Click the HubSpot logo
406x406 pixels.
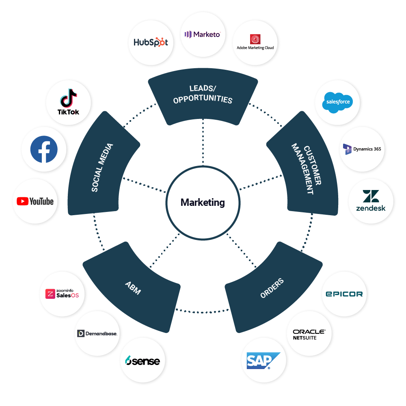[151, 42]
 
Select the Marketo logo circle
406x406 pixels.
[203, 35]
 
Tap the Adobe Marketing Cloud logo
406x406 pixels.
[255, 42]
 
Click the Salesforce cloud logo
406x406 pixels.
[338, 102]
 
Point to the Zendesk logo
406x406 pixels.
[371, 201]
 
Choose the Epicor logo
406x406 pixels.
[344, 294]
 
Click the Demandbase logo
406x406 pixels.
[97, 334]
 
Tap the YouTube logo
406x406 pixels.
[35, 201]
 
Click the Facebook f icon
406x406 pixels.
[44, 149]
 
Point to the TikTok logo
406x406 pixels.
[68, 102]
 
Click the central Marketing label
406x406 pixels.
[203, 202]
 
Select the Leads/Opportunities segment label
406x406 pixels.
[203, 94]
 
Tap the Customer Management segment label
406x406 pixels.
[306, 169]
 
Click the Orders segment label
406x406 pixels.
[272, 288]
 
